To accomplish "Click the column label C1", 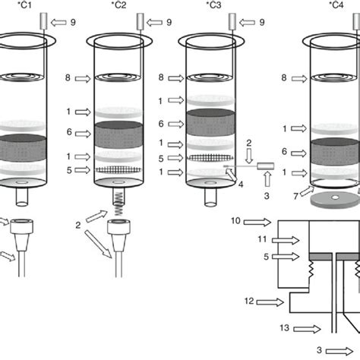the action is [25, 5].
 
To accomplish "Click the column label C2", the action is [118, 5].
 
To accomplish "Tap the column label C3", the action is [213, 5].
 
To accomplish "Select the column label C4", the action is [336, 5].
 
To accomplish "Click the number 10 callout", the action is [235, 221].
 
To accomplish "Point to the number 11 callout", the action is [262, 239].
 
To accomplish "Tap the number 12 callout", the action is [249, 301].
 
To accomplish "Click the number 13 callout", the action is [285, 328].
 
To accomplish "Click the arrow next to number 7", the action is [307, 191].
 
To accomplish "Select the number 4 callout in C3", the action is [241, 185].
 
